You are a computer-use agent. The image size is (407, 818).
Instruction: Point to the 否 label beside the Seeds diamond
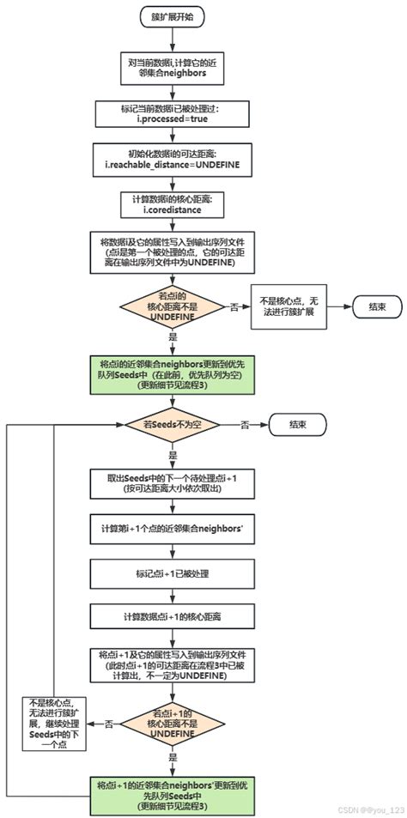(245, 425)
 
